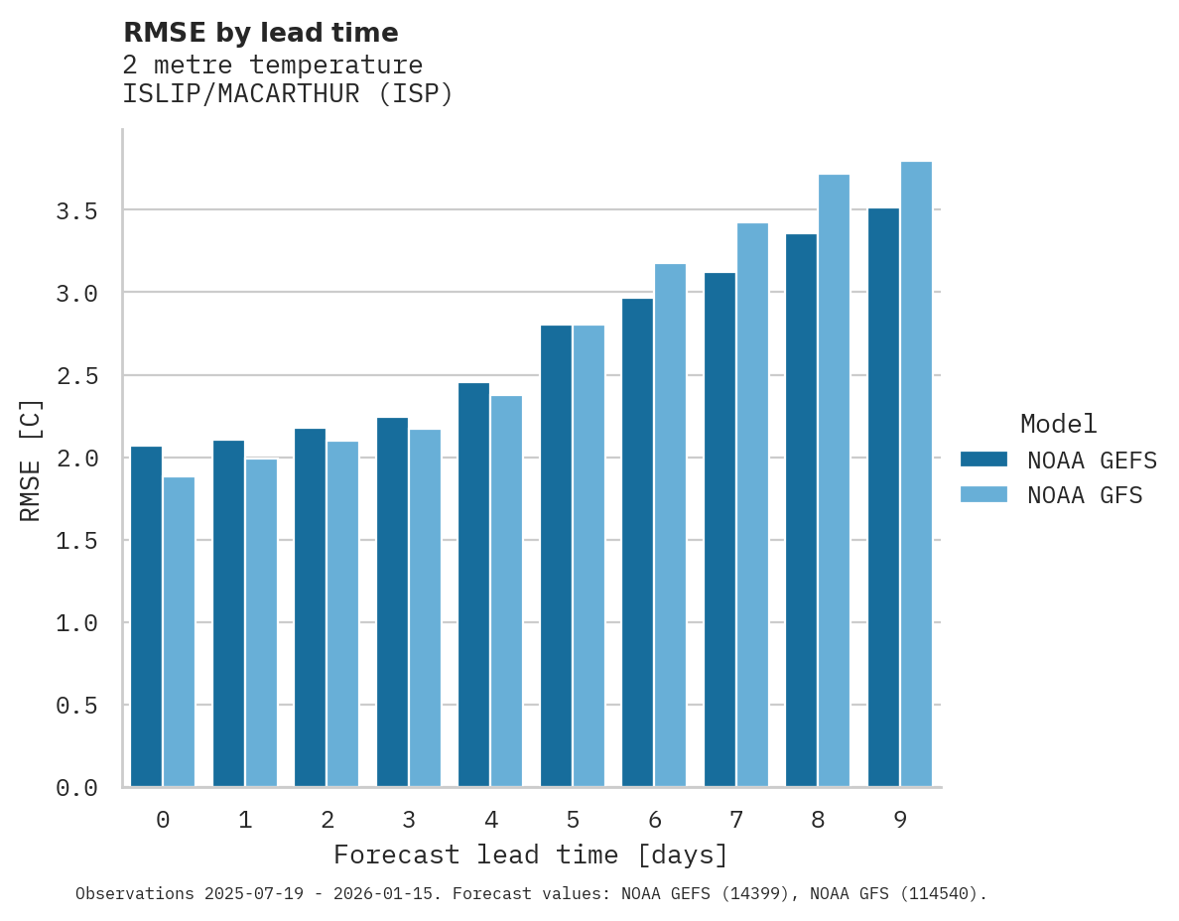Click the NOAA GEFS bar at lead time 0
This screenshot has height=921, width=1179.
[146, 616]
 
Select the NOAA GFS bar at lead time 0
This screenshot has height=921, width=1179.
[179, 632]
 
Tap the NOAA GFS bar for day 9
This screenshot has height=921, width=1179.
[916, 474]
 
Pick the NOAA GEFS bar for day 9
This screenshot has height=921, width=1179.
[883, 497]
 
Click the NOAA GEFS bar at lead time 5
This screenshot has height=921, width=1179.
[556, 556]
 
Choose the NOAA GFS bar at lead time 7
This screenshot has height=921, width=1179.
[752, 505]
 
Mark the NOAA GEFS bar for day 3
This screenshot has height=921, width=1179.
[392, 602]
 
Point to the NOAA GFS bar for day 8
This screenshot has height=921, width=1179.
[834, 480]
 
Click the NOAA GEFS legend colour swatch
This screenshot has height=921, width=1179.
[983, 460]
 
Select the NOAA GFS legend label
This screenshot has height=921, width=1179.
[1085, 495]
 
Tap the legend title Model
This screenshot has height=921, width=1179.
[1058, 424]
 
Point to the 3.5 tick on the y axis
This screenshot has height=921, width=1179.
[76, 210]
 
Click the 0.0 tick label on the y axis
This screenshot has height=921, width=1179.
[76, 788]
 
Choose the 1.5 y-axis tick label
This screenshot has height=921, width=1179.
[76, 541]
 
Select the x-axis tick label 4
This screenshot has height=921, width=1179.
[491, 820]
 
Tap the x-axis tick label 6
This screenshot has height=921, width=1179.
[655, 820]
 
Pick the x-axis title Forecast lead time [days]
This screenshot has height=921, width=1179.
[531, 855]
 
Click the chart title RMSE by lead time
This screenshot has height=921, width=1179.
[260, 33]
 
